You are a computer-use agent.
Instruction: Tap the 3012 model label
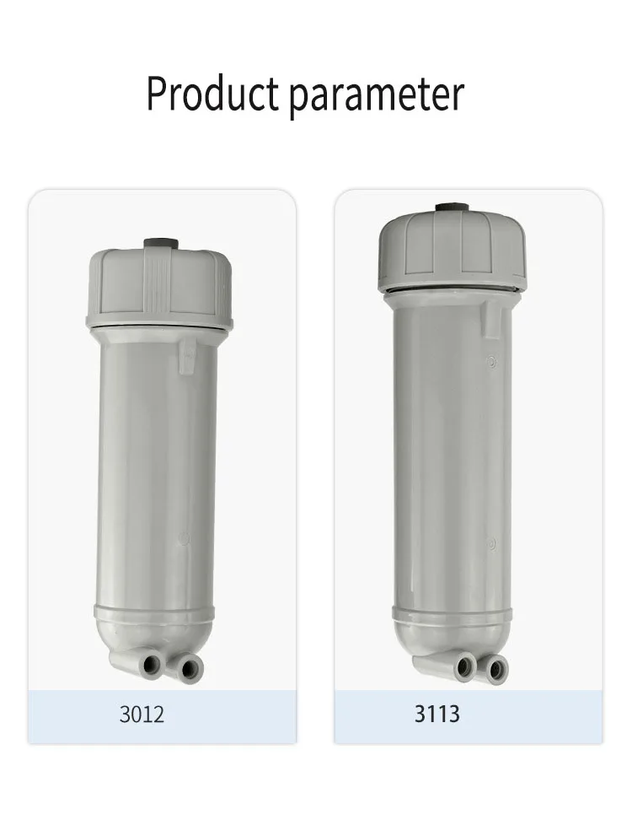point(142,715)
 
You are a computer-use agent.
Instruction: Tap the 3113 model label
point(437,714)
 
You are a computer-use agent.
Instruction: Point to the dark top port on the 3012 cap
point(161,244)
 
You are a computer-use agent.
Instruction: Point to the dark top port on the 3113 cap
point(453,208)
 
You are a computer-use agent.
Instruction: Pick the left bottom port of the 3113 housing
point(465,669)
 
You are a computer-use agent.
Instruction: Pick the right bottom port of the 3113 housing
point(496,671)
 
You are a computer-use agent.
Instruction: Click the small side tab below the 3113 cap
point(490,318)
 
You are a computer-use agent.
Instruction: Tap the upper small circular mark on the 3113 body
point(492,363)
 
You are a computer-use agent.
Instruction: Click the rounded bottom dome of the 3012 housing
point(154,628)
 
